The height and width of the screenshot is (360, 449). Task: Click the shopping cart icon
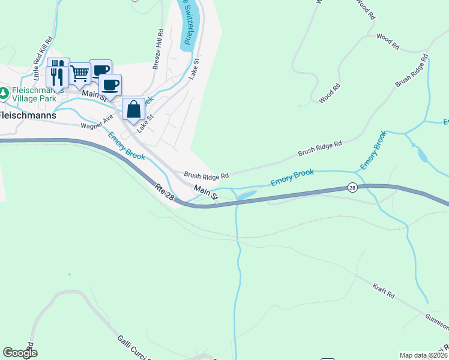(80, 74)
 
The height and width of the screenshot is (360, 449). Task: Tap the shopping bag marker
(133, 110)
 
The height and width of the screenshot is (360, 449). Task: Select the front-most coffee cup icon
(110, 85)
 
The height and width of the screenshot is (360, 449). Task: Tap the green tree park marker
(4, 92)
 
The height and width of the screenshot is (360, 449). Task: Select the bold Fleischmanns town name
(28, 115)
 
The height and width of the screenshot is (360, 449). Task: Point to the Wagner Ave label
(97, 122)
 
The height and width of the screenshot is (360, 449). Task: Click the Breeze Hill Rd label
(157, 50)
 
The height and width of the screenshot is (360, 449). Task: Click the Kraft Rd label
(382, 292)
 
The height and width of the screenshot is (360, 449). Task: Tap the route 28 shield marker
(353, 188)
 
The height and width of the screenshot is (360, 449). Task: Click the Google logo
(20, 353)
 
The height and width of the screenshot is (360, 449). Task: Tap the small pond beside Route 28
(246, 195)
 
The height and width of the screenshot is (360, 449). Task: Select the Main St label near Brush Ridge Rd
(205, 191)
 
